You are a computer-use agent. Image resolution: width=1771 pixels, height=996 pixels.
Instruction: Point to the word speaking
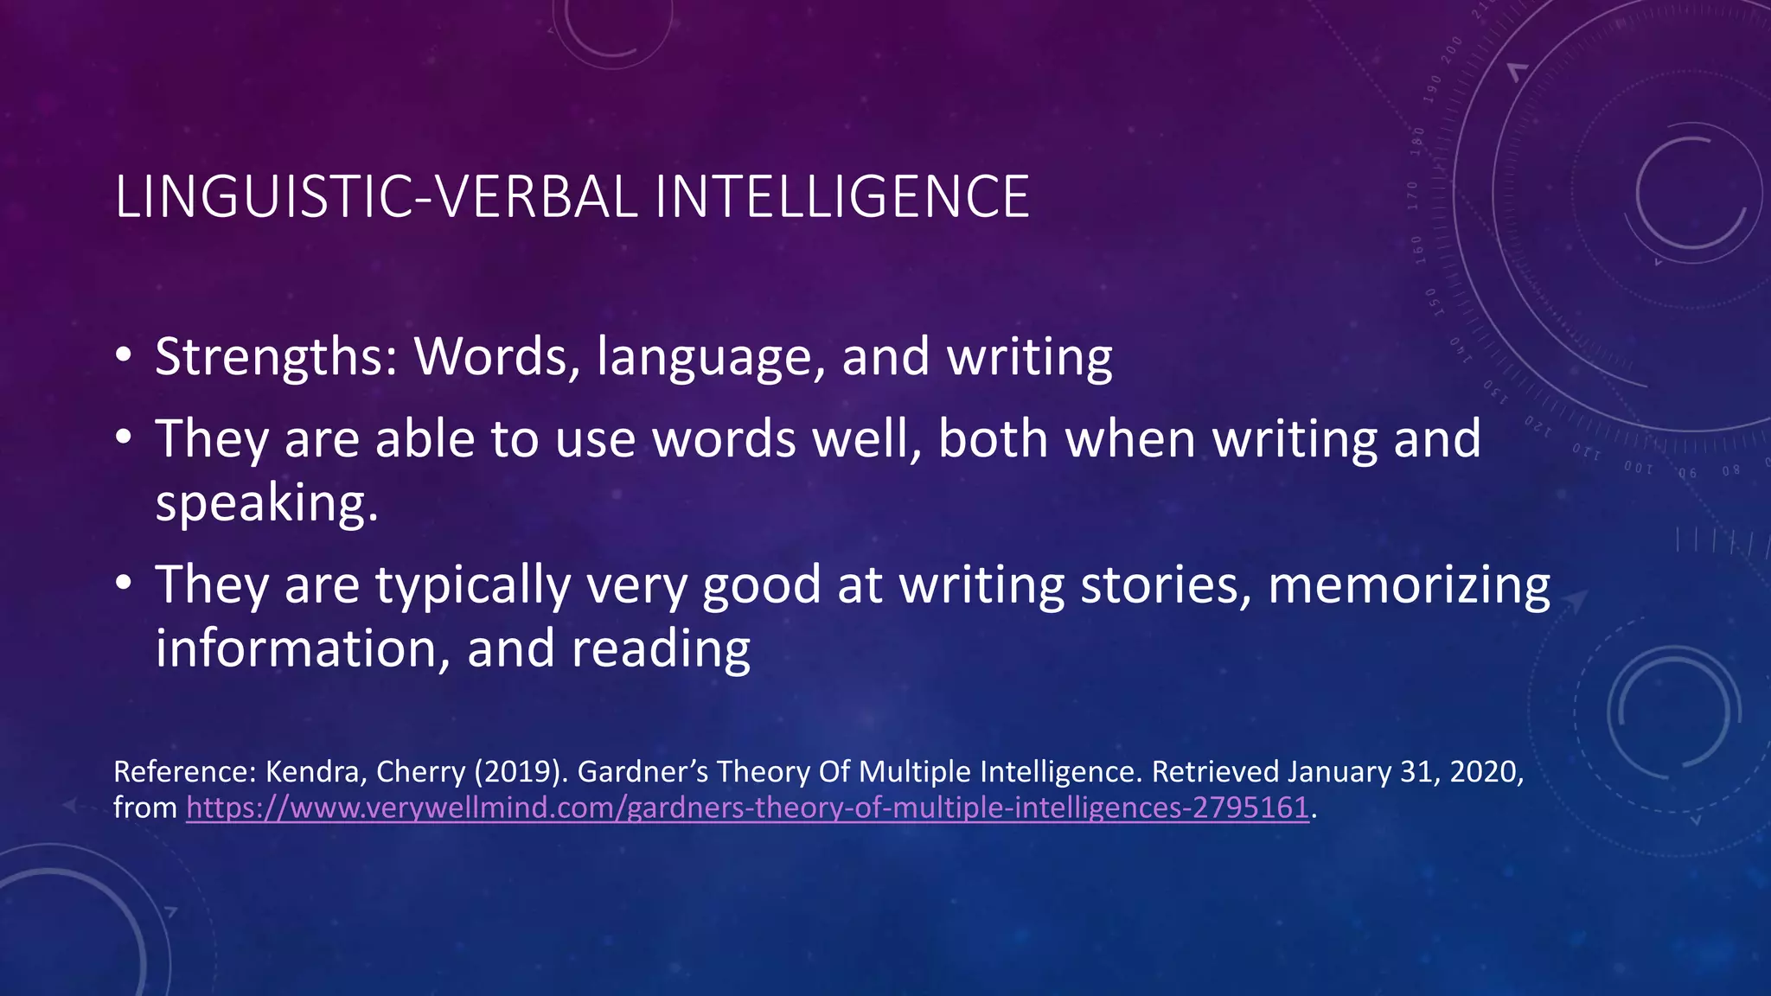pyautogui.click(x=266, y=504)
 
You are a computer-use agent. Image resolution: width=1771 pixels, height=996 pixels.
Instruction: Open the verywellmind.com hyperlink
pyautogui.click(x=747, y=808)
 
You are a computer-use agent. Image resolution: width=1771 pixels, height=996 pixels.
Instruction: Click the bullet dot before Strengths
pyautogui.click(x=124, y=356)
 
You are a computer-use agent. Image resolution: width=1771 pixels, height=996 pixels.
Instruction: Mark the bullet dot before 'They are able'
pyautogui.click(x=124, y=438)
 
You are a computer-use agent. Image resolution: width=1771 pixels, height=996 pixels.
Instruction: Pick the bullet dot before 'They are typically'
pyautogui.click(x=124, y=584)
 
